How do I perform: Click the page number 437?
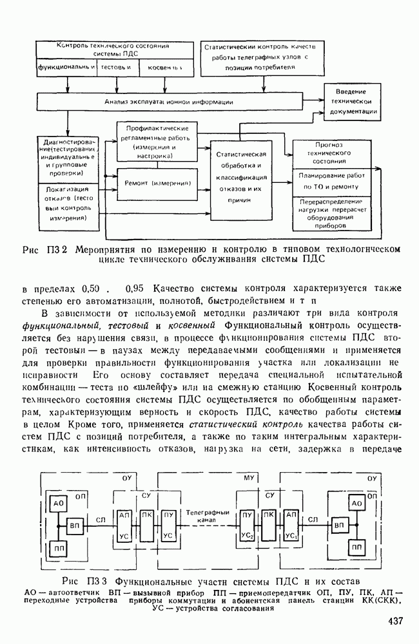click(x=395, y=621)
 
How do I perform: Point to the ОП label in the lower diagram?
click(x=81, y=497)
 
